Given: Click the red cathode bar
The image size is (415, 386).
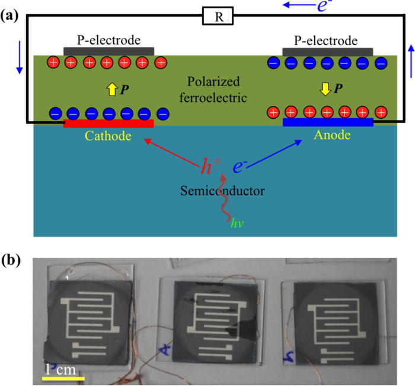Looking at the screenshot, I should [x=108, y=124].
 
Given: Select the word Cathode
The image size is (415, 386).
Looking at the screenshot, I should [x=108, y=136].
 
